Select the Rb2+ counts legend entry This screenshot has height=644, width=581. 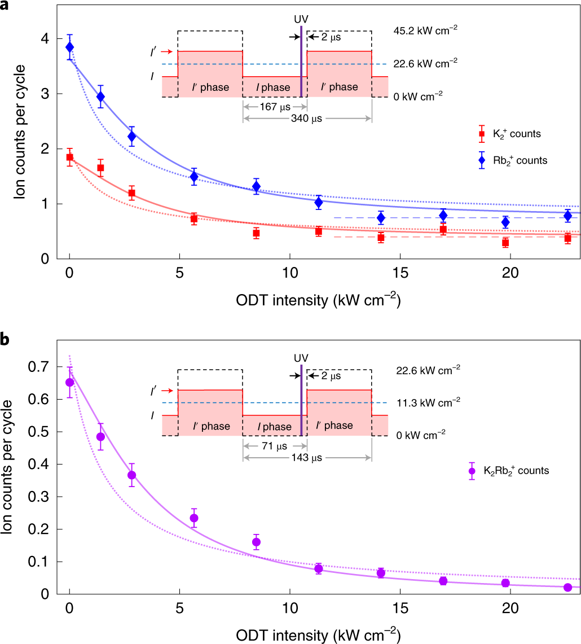click(x=513, y=160)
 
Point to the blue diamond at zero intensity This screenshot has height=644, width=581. click(x=69, y=47)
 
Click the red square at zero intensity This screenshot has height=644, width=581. click(x=69, y=157)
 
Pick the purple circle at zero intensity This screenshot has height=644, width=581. click(x=69, y=382)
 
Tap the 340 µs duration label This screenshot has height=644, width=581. click(x=307, y=119)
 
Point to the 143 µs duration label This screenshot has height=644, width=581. click(x=307, y=457)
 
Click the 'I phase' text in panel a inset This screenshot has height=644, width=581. click(x=275, y=87)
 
